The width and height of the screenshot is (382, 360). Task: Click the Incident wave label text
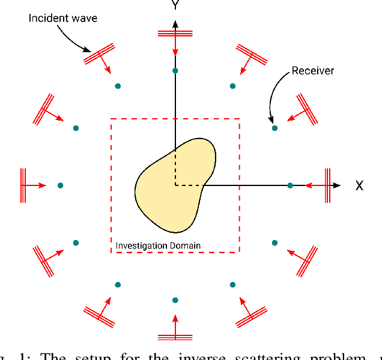pyautogui.click(x=63, y=18)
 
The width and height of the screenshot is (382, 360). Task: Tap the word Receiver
pyautogui.click(x=312, y=71)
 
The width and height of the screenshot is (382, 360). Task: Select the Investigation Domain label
pyautogui.click(x=158, y=245)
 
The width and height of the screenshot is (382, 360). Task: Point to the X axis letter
pyautogui.click(x=359, y=186)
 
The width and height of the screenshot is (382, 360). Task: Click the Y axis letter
pyautogui.click(x=175, y=5)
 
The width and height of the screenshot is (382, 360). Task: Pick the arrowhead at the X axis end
pyautogui.click(x=337, y=185)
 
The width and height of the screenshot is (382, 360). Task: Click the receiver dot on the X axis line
pyautogui.click(x=290, y=185)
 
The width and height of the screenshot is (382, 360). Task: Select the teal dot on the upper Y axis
pyautogui.click(x=175, y=71)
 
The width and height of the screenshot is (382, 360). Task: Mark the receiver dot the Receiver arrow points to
pyautogui.click(x=274, y=128)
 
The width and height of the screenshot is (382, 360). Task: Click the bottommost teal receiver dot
pyautogui.click(x=175, y=299)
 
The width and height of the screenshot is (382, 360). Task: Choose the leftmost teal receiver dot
pyautogui.click(x=60, y=185)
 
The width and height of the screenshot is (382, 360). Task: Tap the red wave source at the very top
pyautogui.click(x=175, y=33)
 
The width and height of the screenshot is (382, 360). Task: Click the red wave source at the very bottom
pyautogui.click(x=175, y=337)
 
